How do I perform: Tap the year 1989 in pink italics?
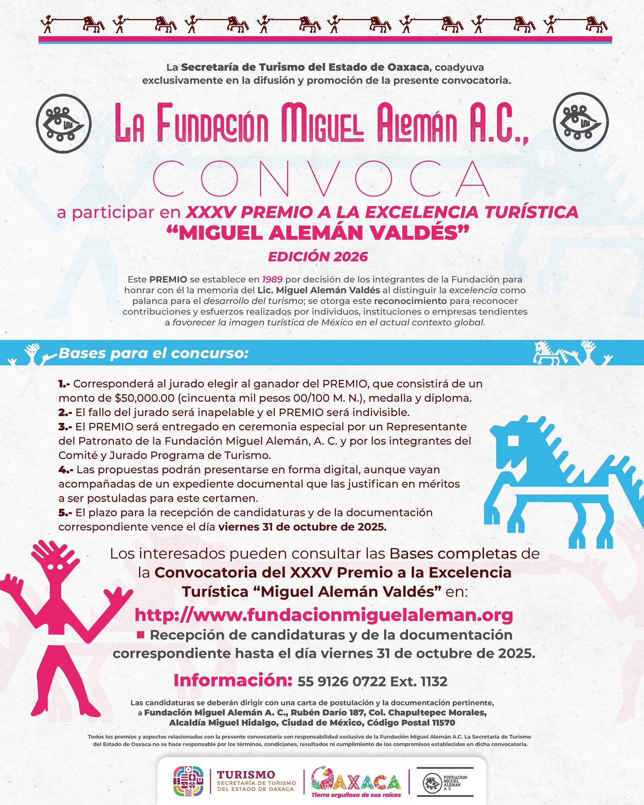coord(272,279)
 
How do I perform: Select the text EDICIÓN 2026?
coord(318,257)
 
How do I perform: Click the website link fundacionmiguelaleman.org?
coord(324,615)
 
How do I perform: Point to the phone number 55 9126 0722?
coord(342,681)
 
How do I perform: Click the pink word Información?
coord(233,680)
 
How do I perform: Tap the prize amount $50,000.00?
coord(144,398)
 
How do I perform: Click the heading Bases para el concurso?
coord(153,353)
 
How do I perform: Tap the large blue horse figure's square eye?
coord(513,441)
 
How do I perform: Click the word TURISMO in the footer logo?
coord(246,774)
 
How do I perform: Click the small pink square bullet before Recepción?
coord(141,634)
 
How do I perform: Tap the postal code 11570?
coord(443,722)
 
